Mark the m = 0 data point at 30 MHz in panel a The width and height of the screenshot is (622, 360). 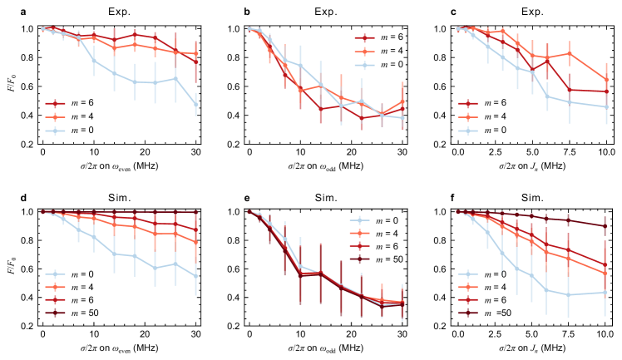(x=195, y=105)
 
